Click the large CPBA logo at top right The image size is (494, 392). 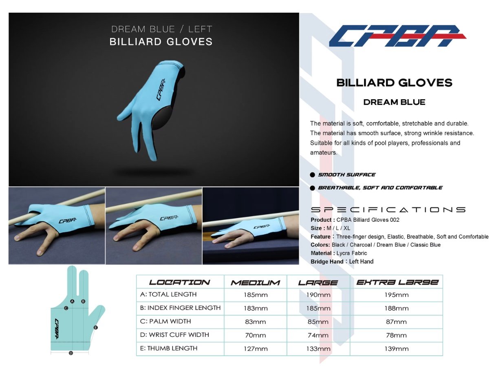(x=397, y=36)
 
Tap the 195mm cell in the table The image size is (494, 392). (x=397, y=295)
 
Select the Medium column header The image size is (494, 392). (x=255, y=283)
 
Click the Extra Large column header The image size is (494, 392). (x=397, y=282)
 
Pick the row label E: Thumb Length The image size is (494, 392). (x=169, y=348)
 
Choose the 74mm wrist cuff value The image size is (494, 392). (x=318, y=335)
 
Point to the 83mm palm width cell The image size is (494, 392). (x=255, y=322)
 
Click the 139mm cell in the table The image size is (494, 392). (x=397, y=349)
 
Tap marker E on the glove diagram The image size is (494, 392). (x=96, y=327)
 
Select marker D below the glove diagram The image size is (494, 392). (x=71, y=353)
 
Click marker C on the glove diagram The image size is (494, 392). (x=66, y=308)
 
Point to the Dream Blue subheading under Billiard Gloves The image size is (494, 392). (x=394, y=102)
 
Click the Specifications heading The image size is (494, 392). (x=388, y=209)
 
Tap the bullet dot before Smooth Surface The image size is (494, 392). (x=312, y=175)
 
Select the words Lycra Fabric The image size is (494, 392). (x=351, y=253)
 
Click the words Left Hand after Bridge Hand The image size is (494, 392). (x=361, y=262)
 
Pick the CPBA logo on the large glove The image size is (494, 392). (x=161, y=90)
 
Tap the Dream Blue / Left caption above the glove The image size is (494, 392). (x=161, y=29)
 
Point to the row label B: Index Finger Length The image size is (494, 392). (x=180, y=308)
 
